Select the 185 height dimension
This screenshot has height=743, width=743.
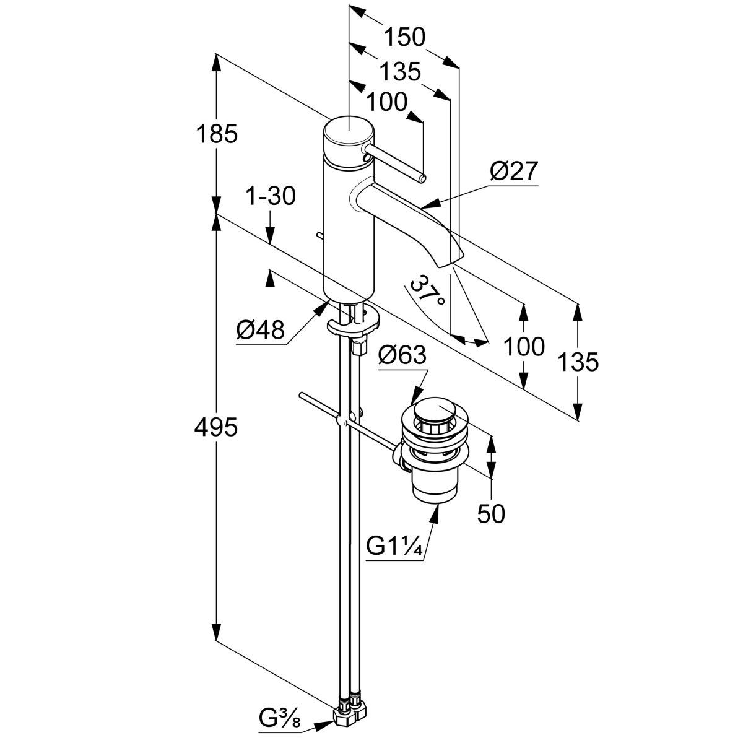[216, 134]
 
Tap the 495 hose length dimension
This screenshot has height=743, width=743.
[216, 427]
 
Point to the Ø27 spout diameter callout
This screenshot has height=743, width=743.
[514, 172]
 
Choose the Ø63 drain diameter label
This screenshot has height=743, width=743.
[402, 356]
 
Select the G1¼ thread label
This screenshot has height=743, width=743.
[394, 547]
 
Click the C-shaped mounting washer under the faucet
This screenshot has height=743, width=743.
[353, 323]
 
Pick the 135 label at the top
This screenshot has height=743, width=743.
[399, 72]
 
